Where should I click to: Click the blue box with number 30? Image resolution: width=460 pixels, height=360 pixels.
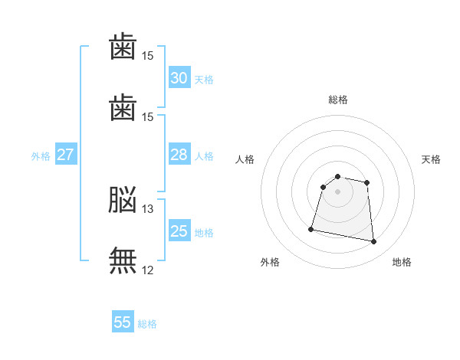click(179, 78)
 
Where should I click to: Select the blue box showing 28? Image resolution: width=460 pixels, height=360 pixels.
click(179, 155)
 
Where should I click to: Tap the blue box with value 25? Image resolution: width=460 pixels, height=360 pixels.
click(179, 231)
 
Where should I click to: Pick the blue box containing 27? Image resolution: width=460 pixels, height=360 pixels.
click(66, 155)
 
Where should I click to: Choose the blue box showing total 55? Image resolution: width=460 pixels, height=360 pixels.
click(123, 322)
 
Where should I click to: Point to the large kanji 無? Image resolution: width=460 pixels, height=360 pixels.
click(123, 260)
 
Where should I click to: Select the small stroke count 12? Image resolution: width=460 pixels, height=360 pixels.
click(148, 270)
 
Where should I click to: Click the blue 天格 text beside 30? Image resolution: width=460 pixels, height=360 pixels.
click(204, 80)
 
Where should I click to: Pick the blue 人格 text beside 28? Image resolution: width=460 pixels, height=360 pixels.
click(204, 156)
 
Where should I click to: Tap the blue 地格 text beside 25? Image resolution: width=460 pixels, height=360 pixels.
click(204, 233)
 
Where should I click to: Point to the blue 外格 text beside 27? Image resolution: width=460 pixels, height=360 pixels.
click(41, 156)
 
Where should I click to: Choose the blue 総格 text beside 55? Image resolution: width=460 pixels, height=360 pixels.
click(147, 324)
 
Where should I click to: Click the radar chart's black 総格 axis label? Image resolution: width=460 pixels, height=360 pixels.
click(338, 100)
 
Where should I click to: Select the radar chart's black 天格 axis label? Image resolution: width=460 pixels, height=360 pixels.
click(431, 159)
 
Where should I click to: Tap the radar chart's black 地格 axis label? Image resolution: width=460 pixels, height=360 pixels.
click(402, 263)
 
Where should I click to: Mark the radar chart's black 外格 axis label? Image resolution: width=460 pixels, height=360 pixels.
click(270, 263)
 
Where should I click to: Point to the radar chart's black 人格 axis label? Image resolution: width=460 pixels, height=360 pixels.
click(245, 159)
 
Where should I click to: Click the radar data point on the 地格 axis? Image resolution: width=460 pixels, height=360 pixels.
click(373, 242)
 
